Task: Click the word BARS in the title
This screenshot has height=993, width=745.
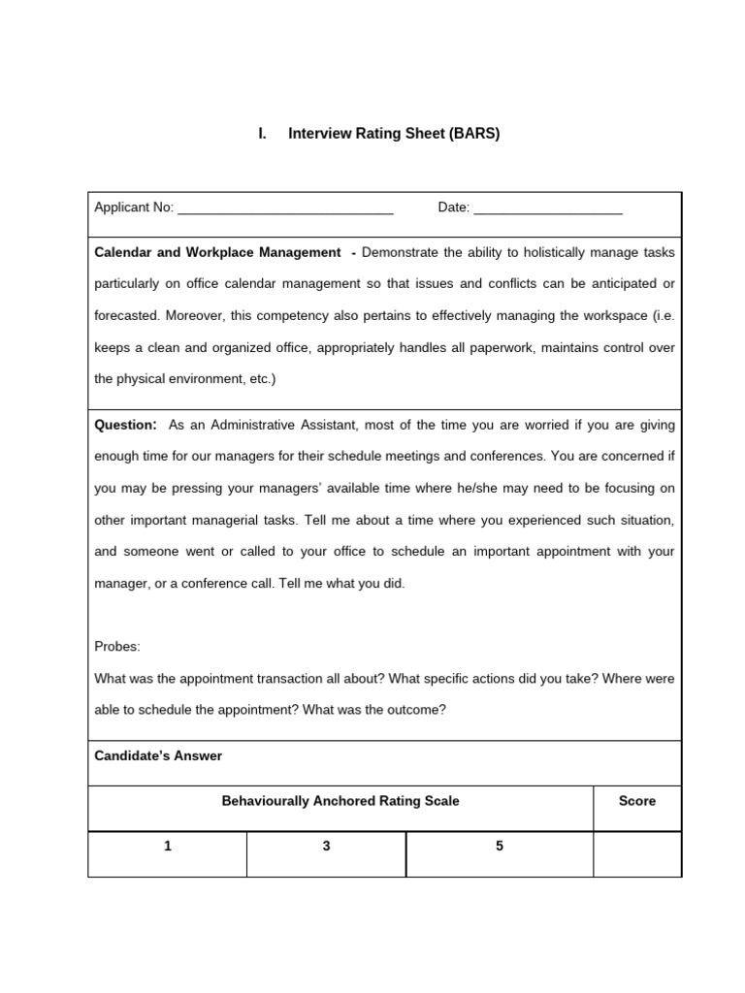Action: [474, 135]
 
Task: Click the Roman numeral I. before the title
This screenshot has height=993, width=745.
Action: [262, 135]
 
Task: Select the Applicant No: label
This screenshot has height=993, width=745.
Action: [134, 208]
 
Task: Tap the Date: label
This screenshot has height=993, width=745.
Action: [454, 208]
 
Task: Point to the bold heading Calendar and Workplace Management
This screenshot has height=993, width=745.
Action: [217, 252]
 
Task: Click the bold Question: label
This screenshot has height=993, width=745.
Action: [125, 425]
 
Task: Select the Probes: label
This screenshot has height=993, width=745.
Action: [117, 647]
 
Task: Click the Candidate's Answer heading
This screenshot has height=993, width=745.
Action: [158, 755]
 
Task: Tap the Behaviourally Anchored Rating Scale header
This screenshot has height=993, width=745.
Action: [340, 801]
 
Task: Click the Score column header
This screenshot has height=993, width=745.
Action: [637, 801]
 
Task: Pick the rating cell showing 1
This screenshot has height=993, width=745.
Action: [168, 847]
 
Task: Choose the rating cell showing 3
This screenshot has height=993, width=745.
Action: [326, 847]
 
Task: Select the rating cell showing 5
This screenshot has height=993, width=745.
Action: [500, 847]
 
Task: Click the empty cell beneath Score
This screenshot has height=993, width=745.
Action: [637, 853]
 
